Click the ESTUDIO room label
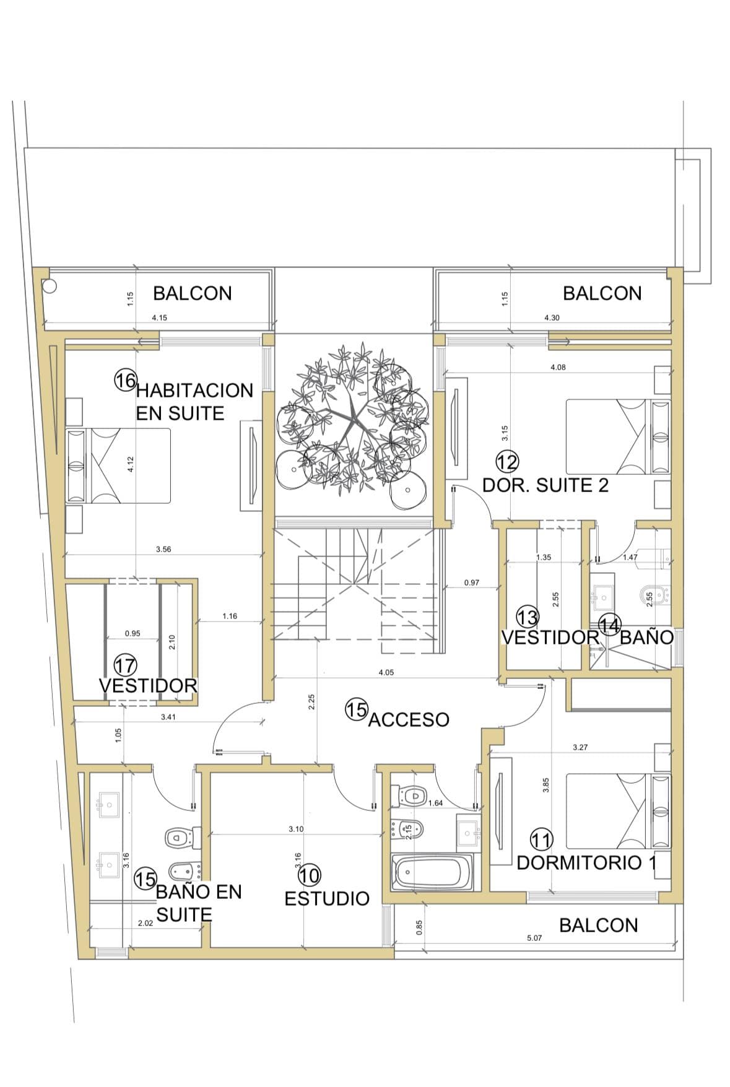[x=326, y=898]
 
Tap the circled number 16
[x=125, y=379]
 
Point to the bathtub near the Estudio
[x=432, y=872]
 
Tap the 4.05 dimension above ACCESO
[x=386, y=672]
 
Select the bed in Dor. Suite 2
[x=618, y=437]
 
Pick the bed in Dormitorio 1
[x=618, y=811]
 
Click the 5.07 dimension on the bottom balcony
[x=534, y=938]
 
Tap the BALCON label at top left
[x=193, y=293]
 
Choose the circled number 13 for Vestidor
[x=528, y=617]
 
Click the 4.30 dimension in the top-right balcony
[x=552, y=318]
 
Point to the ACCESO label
[x=409, y=719]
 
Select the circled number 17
[x=126, y=666]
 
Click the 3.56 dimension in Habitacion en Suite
[x=163, y=549]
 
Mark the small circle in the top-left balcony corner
[x=50, y=286]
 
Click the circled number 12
[x=508, y=462]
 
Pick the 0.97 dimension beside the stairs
[x=472, y=582]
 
